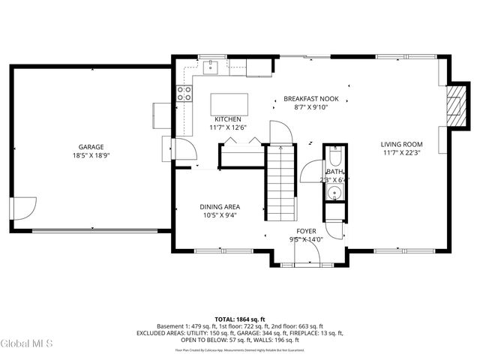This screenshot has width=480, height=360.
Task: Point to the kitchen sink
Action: (211, 67)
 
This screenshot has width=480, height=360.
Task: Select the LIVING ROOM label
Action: (401, 145)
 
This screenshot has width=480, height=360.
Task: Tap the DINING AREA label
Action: (219, 207)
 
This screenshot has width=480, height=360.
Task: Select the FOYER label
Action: (306, 231)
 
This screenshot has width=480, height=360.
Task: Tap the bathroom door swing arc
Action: (310, 172)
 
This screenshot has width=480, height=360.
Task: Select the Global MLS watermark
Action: (27, 344)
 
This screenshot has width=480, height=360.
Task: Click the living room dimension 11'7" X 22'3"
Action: (401, 154)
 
